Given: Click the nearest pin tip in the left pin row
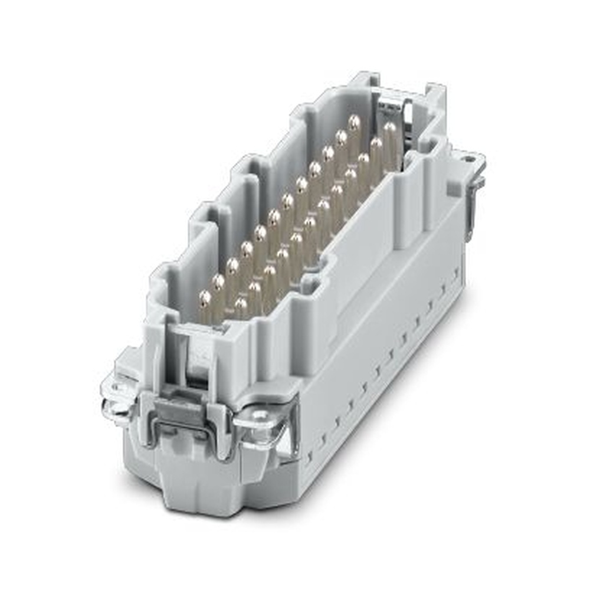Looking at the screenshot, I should click(205, 297).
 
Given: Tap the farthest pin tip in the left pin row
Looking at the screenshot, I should click(354, 122).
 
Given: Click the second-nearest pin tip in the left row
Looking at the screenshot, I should click(218, 281).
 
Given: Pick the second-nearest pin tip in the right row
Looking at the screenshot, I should click(255, 288).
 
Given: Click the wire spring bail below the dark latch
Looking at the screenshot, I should click(183, 434).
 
